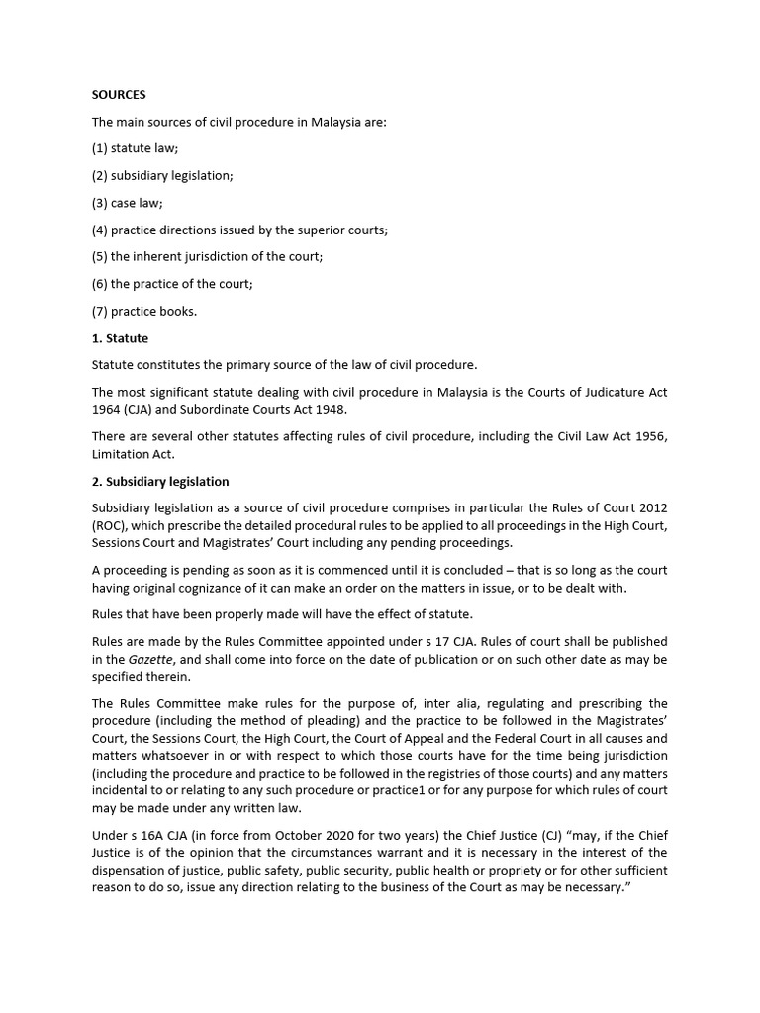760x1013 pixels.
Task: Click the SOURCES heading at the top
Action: tap(119, 95)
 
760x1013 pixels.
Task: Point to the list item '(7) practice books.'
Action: tap(144, 311)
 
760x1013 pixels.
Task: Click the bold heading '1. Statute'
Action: tap(120, 338)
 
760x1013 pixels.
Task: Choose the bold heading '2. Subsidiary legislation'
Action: tap(160, 482)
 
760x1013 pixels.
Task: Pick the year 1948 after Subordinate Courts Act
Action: tap(332, 410)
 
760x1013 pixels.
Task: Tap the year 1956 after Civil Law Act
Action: tap(645, 436)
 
